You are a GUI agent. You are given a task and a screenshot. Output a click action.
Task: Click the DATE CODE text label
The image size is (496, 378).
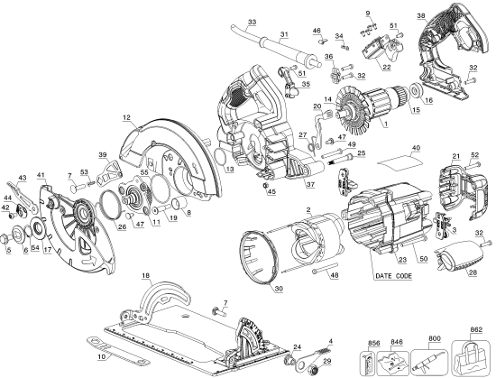coord(393,274)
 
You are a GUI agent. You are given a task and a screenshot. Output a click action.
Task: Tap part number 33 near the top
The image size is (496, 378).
coord(251,21)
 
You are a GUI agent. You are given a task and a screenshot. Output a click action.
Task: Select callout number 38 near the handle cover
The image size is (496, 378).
coord(421,14)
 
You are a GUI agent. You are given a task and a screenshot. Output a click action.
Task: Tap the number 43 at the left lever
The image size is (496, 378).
coord(22,177)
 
